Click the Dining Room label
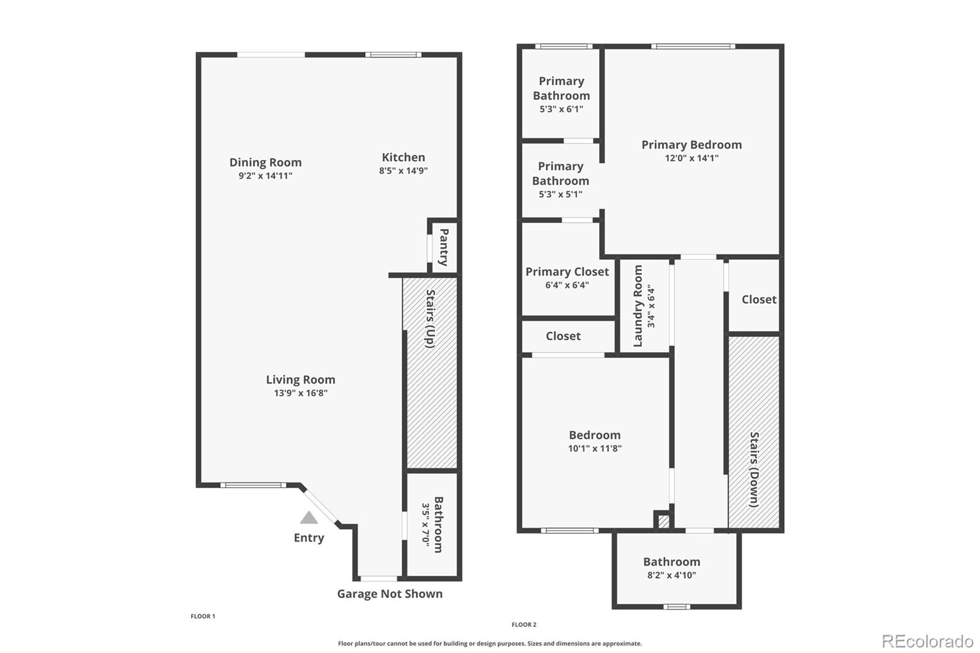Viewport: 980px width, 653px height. [x=265, y=162]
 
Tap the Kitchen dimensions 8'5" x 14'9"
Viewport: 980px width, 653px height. [x=403, y=171]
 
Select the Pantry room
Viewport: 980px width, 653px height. [x=444, y=247]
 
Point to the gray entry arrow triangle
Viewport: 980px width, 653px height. [x=309, y=518]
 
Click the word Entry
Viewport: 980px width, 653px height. [x=309, y=538]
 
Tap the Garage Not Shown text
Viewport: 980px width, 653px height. [x=390, y=594]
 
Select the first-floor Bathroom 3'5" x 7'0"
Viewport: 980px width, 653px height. [x=432, y=524]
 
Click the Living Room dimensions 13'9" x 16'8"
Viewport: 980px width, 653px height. [x=300, y=393]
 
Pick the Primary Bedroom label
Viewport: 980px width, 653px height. [x=692, y=145]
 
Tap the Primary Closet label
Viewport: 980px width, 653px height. [x=567, y=271]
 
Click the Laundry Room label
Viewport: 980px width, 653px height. [x=638, y=305]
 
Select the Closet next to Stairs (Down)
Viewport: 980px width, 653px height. [x=758, y=299]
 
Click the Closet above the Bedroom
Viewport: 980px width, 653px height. [x=563, y=336]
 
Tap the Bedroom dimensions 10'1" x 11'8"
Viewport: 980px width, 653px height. [x=594, y=448]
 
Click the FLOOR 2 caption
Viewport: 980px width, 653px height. [x=524, y=625]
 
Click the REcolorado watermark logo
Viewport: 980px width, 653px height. [x=927, y=641]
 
